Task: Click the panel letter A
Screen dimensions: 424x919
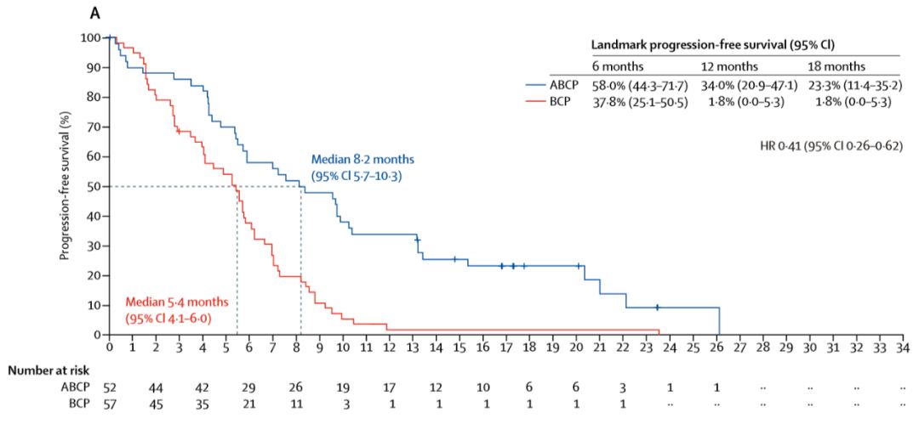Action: (96, 14)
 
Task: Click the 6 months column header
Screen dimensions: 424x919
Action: (619, 66)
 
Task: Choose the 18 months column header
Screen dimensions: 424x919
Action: (837, 66)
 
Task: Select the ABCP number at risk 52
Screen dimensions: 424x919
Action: (110, 387)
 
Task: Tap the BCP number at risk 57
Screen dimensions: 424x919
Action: (110, 404)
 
